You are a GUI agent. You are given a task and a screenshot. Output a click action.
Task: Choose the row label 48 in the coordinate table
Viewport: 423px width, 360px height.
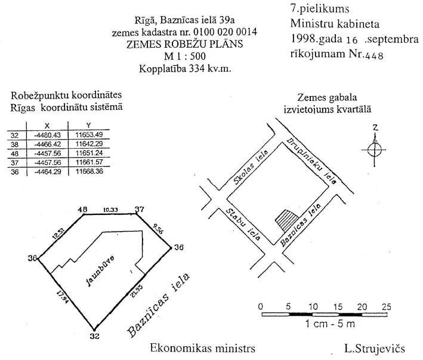coord(15,153)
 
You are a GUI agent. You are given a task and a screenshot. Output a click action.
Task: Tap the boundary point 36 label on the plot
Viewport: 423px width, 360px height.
coord(178,247)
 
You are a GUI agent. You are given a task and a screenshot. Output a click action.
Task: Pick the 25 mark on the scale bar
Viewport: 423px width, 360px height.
coord(386,306)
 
